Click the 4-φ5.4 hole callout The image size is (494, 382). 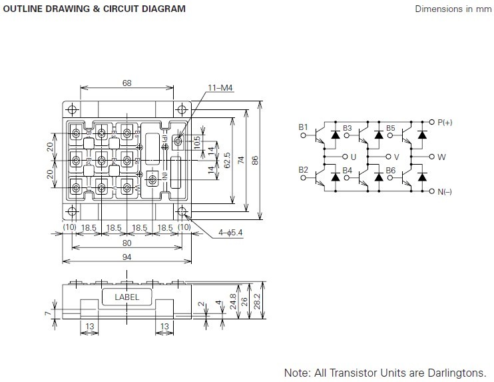click(232, 233)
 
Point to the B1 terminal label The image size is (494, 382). click(304, 127)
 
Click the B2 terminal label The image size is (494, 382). click(304, 170)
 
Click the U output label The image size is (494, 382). click(354, 157)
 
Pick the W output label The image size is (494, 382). click(441, 157)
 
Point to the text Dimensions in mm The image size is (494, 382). click(452, 9)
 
